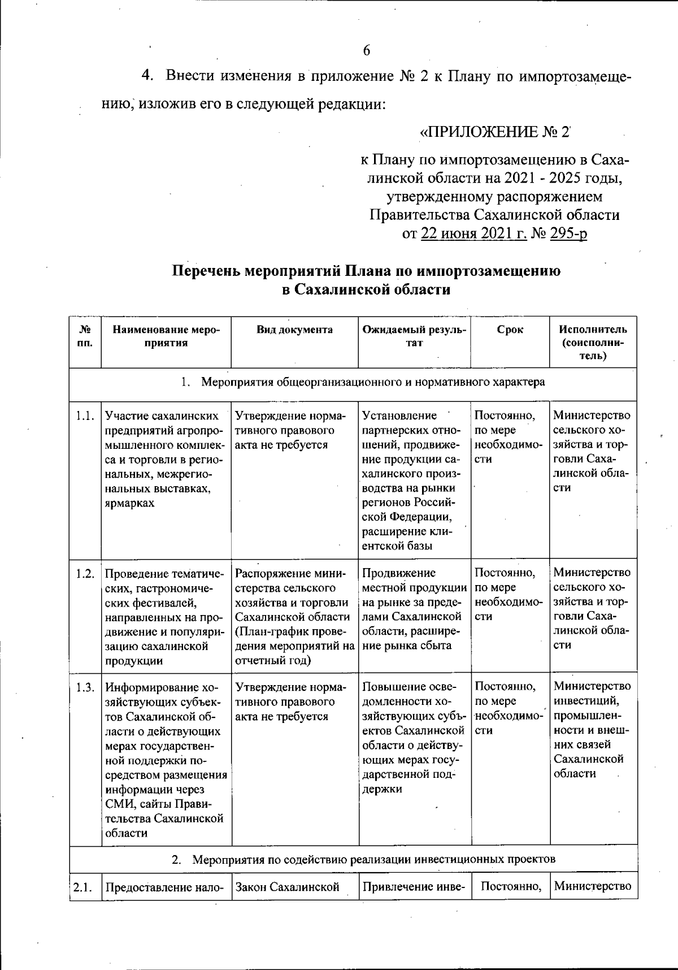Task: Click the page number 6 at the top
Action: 367,51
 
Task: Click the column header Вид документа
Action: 294,330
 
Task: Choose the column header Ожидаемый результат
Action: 414,336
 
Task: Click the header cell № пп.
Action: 85,336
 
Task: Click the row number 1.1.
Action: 85,416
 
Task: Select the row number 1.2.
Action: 85,574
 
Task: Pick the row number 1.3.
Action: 85,687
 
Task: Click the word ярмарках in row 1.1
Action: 129,503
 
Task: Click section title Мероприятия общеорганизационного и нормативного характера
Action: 373,382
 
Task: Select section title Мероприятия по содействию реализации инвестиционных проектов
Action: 373,860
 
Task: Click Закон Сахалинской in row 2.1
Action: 287,887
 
